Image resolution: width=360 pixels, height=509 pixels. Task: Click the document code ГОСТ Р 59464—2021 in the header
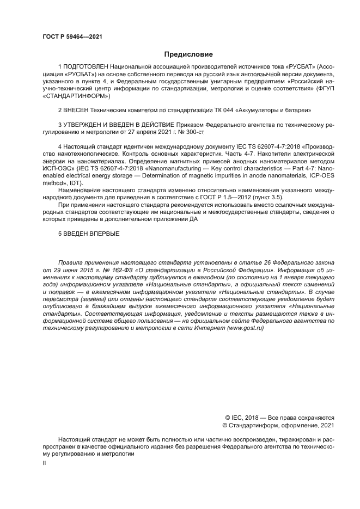pyautogui.click(x=72, y=36)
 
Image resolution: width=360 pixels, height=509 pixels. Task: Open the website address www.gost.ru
pyautogui.click(x=248, y=329)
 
